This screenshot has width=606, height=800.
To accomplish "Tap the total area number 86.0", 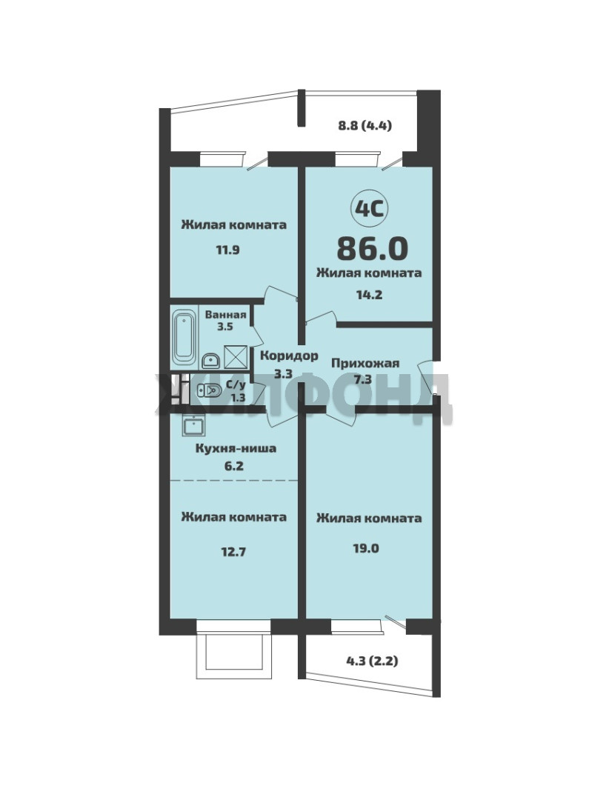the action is click(373, 248).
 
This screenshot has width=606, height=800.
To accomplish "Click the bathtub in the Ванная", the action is click(184, 337).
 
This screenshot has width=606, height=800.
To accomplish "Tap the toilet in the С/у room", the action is click(209, 391).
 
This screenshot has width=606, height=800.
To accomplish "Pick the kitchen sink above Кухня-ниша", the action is click(193, 425).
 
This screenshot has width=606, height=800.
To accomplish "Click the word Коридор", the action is click(289, 356).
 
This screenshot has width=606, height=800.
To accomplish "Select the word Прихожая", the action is click(365, 363).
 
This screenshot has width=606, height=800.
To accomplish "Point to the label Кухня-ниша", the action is click(236, 448).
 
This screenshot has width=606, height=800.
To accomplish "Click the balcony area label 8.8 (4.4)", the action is click(365, 125).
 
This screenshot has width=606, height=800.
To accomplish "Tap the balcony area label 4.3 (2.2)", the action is click(373, 661).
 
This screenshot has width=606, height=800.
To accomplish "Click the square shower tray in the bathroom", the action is click(235, 357).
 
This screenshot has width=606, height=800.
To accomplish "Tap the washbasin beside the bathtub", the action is click(210, 361).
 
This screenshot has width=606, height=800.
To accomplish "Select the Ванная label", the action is click(225, 315).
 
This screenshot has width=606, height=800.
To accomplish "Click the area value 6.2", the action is click(233, 465).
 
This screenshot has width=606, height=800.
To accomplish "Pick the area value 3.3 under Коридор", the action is click(283, 373).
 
